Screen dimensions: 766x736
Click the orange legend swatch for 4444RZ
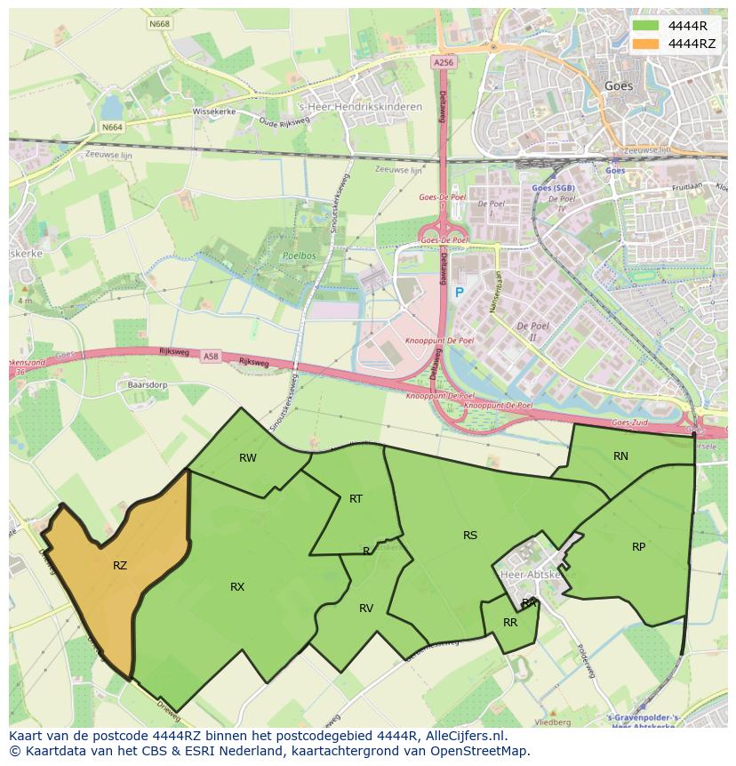pos(646,44)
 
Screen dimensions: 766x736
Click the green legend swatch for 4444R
pos(646,26)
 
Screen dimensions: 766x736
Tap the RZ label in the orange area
pos(120,565)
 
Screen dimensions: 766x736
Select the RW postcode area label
pos(248,458)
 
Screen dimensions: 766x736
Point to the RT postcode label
pos(356,499)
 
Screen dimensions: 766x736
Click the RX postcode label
pos(237,587)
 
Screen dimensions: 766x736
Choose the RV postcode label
pos(366,609)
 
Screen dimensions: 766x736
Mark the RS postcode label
pos(470,536)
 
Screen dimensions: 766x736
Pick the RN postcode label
pos(620,456)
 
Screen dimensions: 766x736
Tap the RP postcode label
pos(638,547)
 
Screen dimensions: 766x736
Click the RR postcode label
pos(510,623)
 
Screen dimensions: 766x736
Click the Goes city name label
pos(619,86)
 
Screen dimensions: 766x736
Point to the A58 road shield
pos(211,357)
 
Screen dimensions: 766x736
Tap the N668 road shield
pos(160,24)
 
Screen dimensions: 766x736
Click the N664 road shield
pos(112,127)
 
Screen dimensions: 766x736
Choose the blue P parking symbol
pos(460,293)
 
